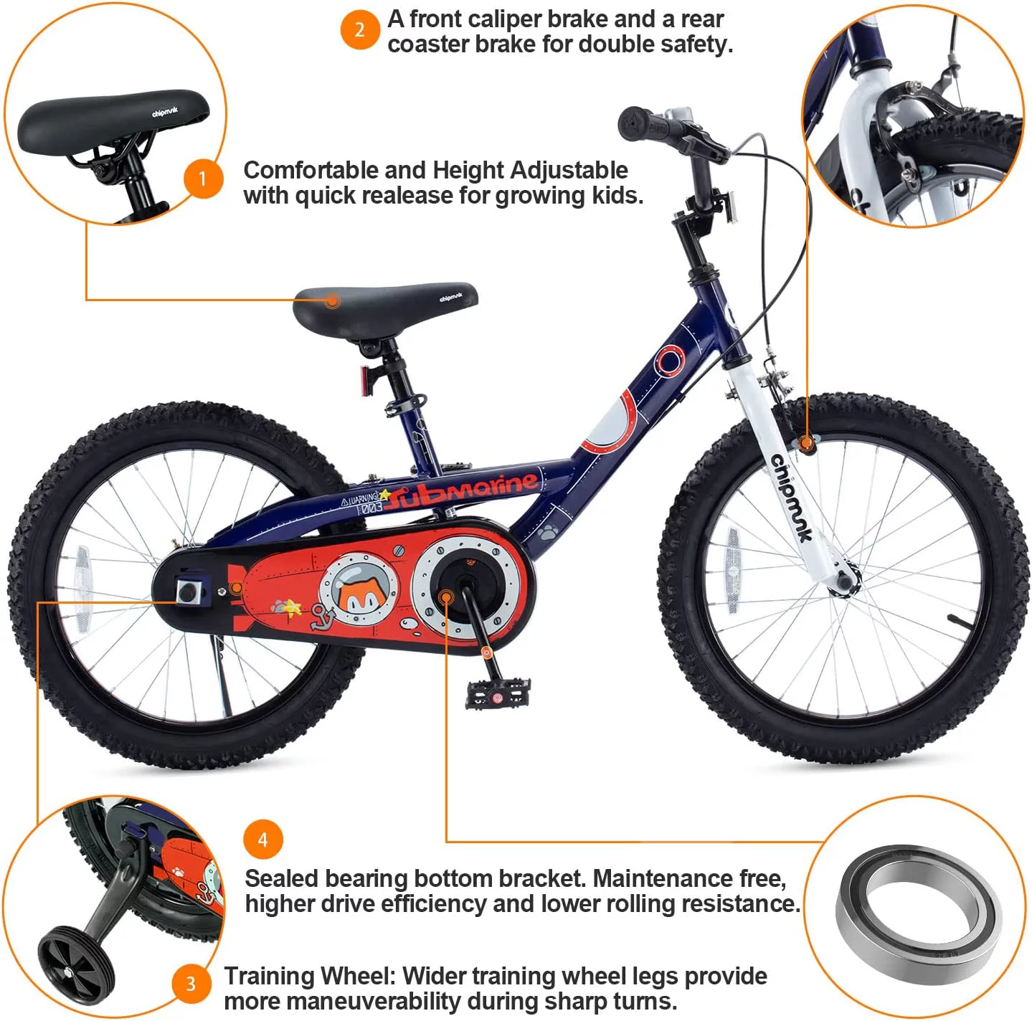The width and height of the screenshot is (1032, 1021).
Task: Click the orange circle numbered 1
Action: (203, 179)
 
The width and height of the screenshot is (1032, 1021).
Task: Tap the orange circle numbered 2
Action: (359, 30)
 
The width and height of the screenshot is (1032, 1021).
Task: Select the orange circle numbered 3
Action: (191, 984)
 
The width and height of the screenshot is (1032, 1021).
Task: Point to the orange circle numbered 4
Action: (262, 840)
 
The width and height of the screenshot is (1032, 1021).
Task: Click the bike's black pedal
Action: (498, 693)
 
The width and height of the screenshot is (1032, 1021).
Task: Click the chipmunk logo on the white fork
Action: (792, 498)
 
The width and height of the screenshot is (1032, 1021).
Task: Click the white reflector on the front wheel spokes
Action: (732, 571)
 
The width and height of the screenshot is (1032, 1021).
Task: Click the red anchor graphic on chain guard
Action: (320, 616)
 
